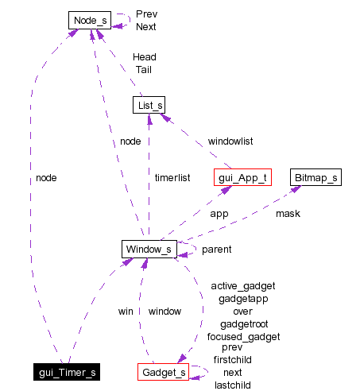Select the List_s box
(149, 105)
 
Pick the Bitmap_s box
(315, 176)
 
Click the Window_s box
(149, 250)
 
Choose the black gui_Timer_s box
(67, 372)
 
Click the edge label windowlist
(230, 141)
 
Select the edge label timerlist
(172, 178)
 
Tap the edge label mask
(288, 214)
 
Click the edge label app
(219, 214)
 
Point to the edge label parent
(216, 250)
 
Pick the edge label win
(125, 312)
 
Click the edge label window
(165, 312)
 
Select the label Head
(144, 57)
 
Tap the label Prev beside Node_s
(146, 14)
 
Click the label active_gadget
(243, 286)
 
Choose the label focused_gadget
(243, 337)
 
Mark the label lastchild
(233, 385)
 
